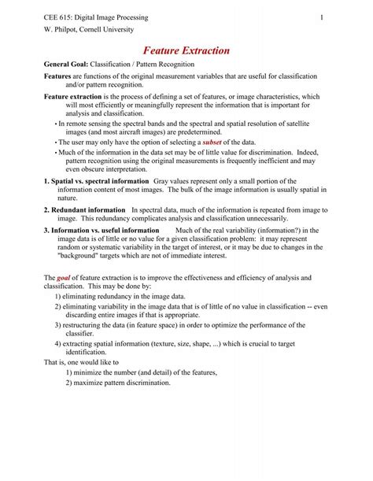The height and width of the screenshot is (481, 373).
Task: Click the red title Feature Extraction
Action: tap(186, 50)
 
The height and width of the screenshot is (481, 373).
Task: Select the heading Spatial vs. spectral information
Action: tap(95, 180)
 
